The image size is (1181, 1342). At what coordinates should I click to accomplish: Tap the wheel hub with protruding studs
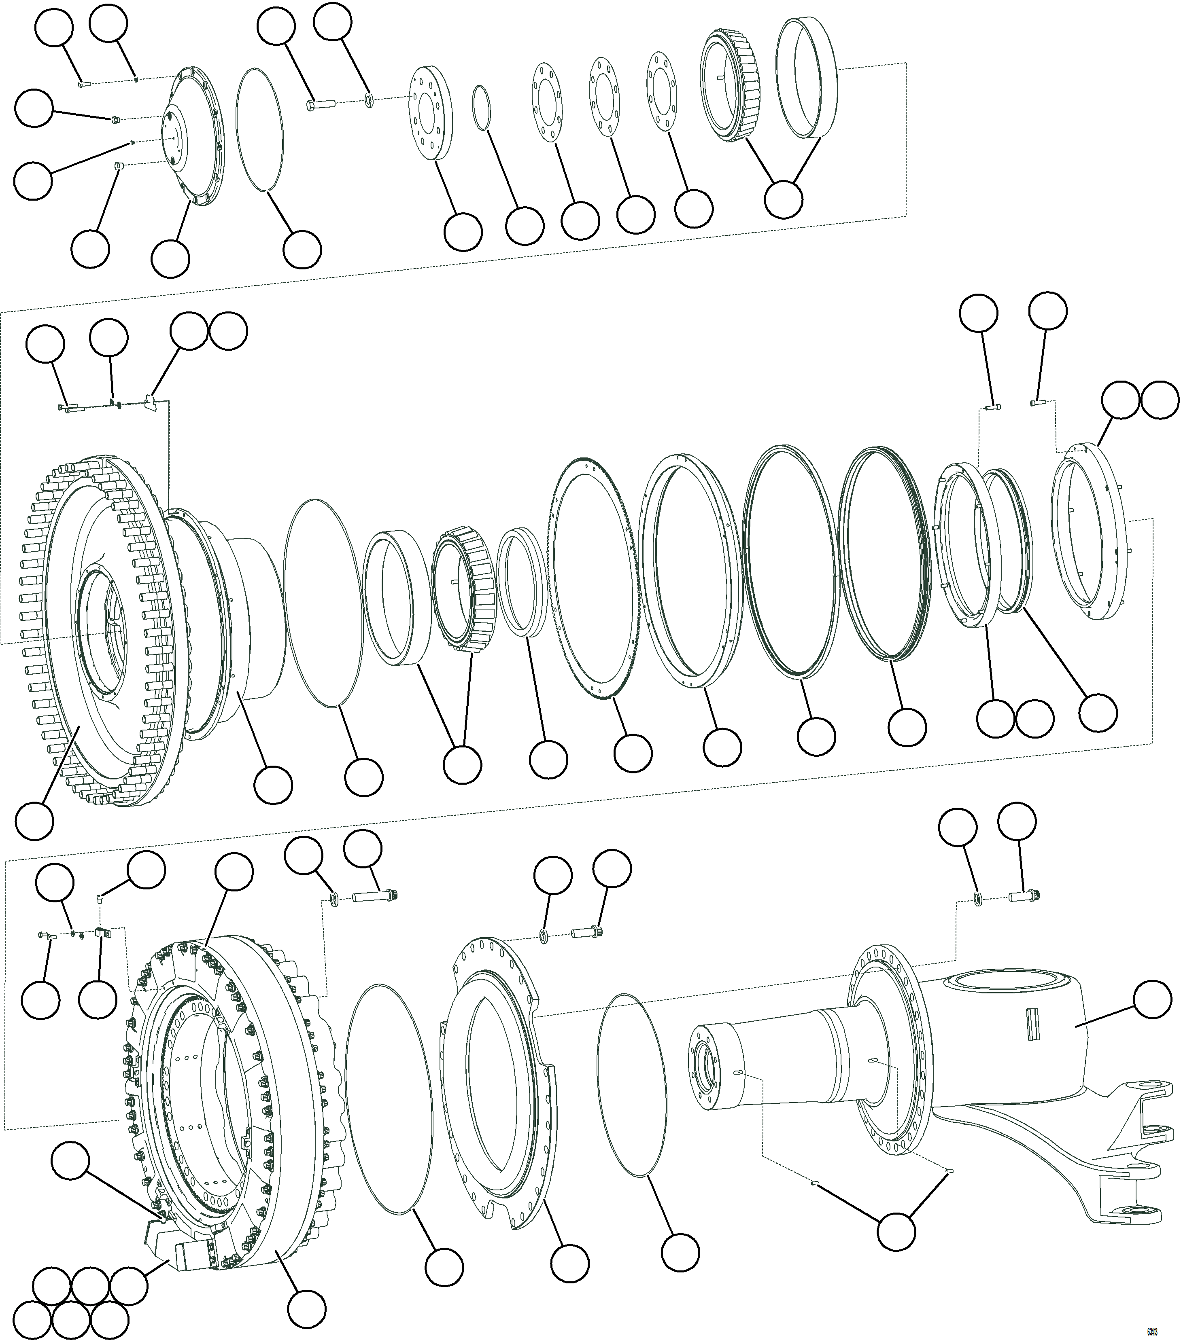[98, 630]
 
